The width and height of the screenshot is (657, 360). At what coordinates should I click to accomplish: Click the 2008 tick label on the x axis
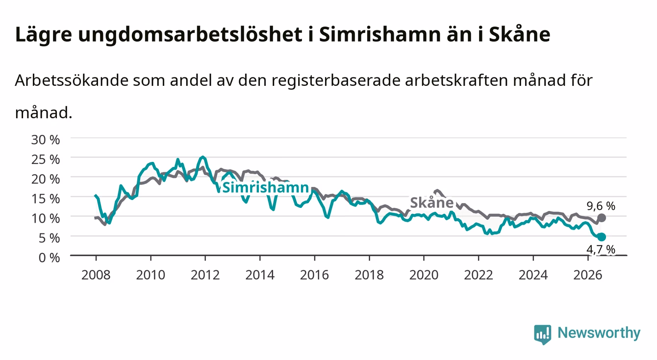point(96,275)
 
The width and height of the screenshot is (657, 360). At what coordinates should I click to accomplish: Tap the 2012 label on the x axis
point(205,275)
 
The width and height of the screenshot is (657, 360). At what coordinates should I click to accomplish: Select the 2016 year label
point(314,275)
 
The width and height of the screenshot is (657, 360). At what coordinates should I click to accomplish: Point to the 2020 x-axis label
point(424,275)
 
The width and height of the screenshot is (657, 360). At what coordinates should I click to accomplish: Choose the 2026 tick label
point(588,275)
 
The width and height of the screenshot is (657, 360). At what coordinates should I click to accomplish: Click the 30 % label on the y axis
point(46,140)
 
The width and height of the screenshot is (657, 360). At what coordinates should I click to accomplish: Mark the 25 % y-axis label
point(46,159)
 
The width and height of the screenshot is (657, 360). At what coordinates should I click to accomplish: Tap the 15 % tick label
point(46,199)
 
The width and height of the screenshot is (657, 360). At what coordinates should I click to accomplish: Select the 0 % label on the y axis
point(49,257)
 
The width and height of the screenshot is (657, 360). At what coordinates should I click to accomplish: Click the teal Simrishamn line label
point(266,187)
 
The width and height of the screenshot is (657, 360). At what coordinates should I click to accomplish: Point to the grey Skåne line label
point(432,203)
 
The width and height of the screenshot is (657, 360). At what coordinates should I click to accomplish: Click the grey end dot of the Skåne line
point(602,218)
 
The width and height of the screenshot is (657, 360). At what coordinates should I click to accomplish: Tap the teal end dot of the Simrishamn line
point(602,237)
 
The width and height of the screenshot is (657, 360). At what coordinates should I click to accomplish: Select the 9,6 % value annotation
point(601,206)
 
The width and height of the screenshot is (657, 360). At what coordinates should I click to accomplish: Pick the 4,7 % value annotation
point(601,249)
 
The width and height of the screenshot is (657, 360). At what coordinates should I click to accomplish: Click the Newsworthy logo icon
point(543,334)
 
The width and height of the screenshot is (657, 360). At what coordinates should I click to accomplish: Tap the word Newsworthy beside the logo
point(599,333)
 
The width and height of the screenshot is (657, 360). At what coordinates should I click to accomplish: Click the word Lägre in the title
point(44,35)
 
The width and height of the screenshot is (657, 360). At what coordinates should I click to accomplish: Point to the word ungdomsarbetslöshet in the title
point(190,35)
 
